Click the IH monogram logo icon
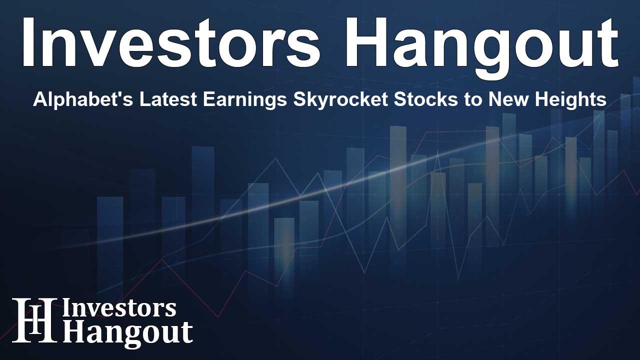(34, 320)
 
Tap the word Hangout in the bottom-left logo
(127, 332)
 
